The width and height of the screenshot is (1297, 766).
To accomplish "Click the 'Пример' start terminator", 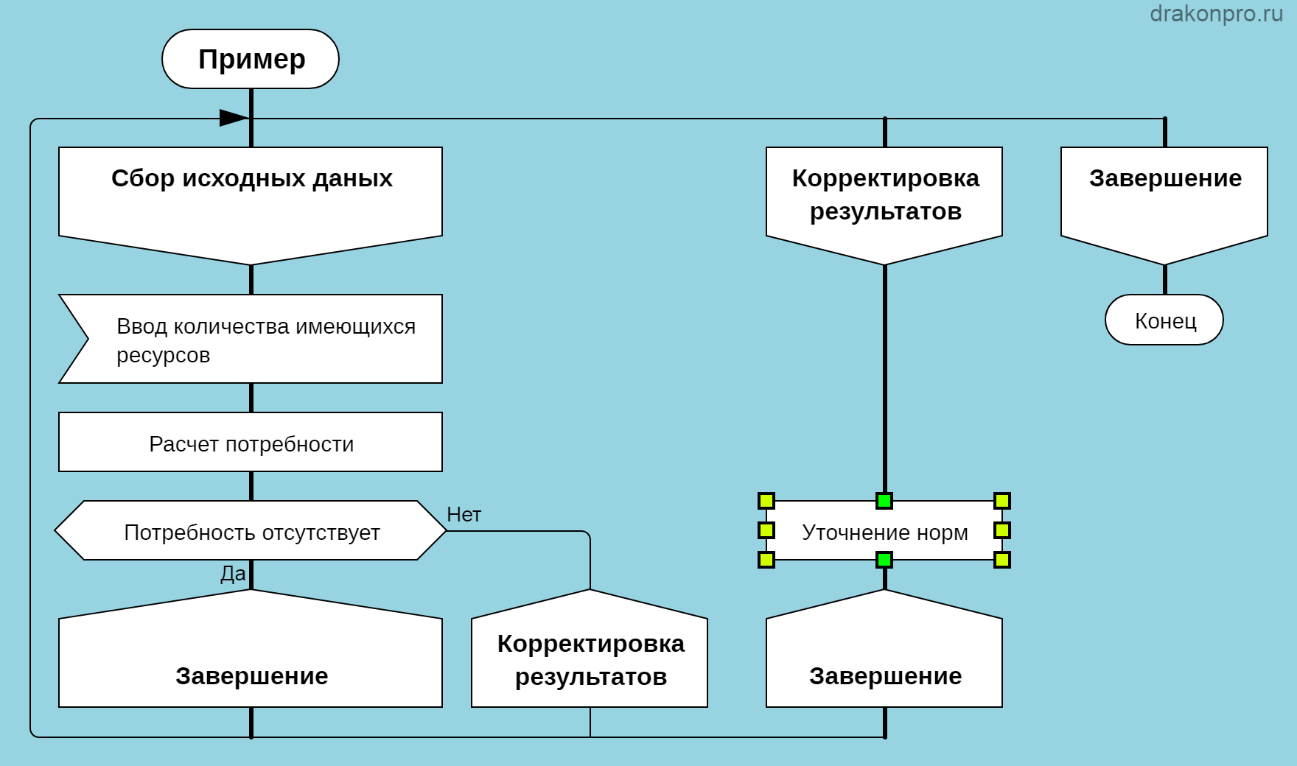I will (x=251, y=59).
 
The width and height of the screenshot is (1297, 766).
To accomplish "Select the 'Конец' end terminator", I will (x=1164, y=320).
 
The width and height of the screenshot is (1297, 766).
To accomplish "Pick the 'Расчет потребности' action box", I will (x=251, y=443).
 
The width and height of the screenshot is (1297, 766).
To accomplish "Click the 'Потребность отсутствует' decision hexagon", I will (x=251, y=531).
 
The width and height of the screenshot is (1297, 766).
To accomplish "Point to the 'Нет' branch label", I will (x=464, y=515).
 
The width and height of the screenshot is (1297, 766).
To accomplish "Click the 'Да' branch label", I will (x=233, y=574).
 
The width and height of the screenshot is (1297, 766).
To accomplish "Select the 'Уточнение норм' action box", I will (x=884, y=532).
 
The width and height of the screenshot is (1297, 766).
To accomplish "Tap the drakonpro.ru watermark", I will (x=1216, y=13).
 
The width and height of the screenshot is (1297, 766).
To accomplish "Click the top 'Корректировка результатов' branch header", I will (x=884, y=196).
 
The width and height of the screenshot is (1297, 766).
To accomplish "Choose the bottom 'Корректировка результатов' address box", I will (x=590, y=659).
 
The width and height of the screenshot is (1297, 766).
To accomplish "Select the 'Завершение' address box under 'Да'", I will (x=251, y=663).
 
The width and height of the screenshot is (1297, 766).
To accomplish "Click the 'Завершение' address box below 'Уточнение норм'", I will (x=884, y=663).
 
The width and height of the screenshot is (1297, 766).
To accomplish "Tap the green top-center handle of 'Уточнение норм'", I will (x=884, y=502).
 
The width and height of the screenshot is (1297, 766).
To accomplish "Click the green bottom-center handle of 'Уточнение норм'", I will (x=884, y=561).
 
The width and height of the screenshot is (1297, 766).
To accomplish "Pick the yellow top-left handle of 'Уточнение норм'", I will (x=766, y=502).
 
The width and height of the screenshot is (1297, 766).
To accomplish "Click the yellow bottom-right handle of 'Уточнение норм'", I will (x=1002, y=561).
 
